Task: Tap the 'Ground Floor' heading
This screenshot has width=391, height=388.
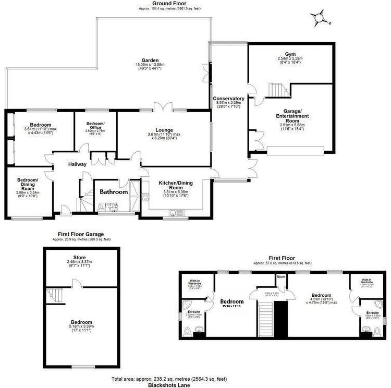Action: pos(163,4)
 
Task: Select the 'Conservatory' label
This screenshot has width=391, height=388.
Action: pos(228,98)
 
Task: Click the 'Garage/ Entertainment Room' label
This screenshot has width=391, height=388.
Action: pos(291,114)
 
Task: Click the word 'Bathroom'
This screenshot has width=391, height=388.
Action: pos(114,192)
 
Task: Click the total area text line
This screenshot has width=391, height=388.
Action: pos(169,378)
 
